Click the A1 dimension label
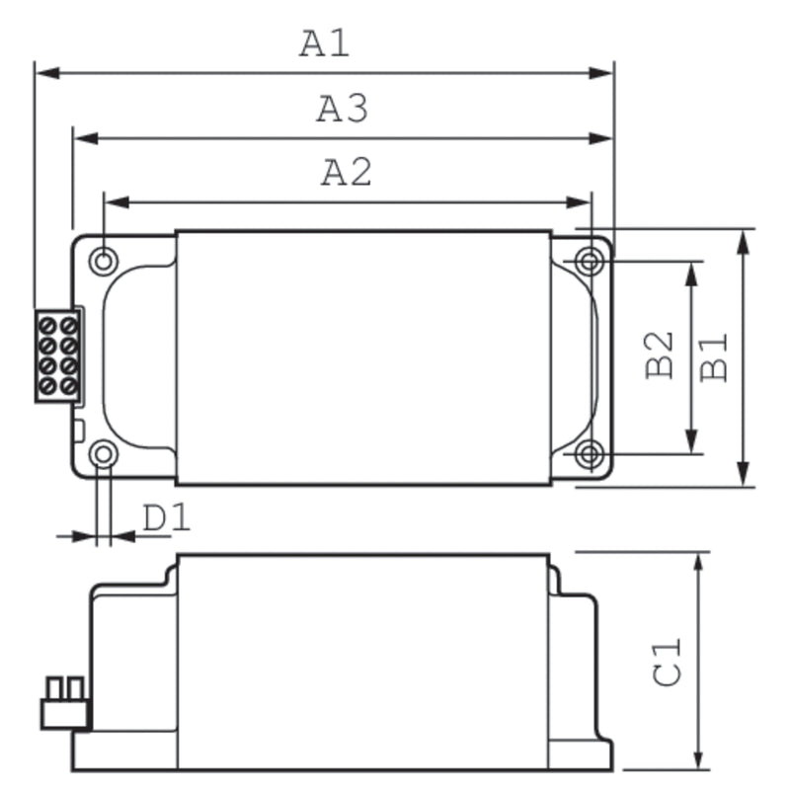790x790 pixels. (x=325, y=43)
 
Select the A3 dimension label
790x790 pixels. (x=342, y=109)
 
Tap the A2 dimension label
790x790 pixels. (x=346, y=173)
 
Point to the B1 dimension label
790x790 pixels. (x=714, y=355)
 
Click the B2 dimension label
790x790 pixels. (x=660, y=355)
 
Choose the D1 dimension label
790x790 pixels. (x=165, y=517)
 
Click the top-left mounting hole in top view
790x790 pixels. (x=103, y=261)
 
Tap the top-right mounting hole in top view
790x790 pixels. (x=590, y=262)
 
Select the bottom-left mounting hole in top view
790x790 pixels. (x=103, y=454)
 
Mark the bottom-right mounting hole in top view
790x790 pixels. (x=590, y=454)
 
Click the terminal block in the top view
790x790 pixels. (x=57, y=355)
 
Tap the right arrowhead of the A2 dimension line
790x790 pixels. (x=582, y=202)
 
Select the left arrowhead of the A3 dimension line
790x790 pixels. (x=84, y=138)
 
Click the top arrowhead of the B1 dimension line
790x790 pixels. (x=744, y=240)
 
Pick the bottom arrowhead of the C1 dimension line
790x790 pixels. (x=699, y=757)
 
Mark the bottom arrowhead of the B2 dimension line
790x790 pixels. (x=691, y=443)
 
